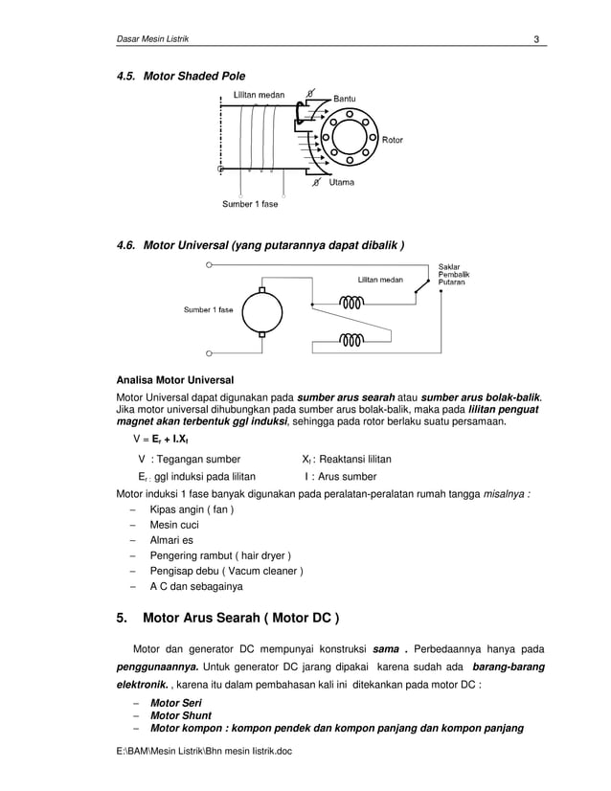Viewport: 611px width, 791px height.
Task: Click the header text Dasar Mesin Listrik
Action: pos(147,38)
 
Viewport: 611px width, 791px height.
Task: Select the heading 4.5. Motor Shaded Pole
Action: pos(181,76)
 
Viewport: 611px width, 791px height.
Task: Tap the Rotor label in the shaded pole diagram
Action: pos(393,140)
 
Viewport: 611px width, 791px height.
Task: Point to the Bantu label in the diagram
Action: pos(345,98)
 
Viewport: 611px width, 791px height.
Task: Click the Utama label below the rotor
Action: pos(342,182)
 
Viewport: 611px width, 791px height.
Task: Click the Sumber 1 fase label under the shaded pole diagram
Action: pos(250,204)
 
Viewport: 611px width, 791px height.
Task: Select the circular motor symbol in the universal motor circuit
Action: pos(261,310)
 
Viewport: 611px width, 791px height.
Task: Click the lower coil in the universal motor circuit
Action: pos(351,339)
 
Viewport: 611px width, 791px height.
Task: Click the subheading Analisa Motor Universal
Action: pos(174,379)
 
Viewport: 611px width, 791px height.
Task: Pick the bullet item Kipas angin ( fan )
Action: pos(192,510)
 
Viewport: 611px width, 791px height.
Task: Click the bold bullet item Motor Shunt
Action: pos(181,715)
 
